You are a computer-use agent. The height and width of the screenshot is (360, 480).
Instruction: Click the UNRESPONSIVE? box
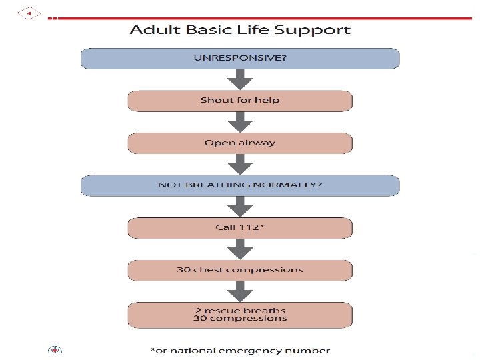coord(240,58)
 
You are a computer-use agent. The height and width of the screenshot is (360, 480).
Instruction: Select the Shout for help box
coord(240,101)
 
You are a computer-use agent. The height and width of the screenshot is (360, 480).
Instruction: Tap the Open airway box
coord(240,143)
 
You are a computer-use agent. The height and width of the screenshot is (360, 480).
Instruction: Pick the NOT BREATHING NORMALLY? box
coord(240,185)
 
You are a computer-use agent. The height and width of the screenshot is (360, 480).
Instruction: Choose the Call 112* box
coord(240,228)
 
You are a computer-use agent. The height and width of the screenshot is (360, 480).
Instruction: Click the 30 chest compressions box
coord(240,270)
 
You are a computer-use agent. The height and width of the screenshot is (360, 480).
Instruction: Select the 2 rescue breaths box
coord(240,314)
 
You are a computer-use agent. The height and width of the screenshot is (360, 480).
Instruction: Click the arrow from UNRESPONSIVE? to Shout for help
coord(240,79)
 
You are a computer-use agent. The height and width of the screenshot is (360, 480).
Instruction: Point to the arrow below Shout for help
coord(240,122)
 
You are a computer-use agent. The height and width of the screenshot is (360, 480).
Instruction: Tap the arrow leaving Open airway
coord(240,164)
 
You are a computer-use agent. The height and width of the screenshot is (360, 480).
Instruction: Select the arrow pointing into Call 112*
coord(240,207)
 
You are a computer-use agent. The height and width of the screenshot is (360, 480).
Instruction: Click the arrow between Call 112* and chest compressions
coord(240,249)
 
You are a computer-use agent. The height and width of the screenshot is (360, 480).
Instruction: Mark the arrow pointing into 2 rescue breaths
coord(240,291)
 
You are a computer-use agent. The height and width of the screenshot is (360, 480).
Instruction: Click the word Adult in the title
coord(151,30)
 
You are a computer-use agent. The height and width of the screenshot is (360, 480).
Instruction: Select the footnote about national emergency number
coord(240,351)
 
